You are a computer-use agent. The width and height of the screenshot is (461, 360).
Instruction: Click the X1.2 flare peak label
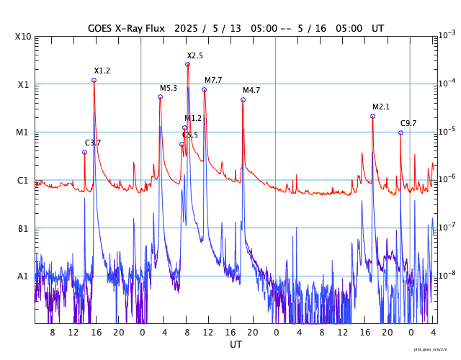point(102,71)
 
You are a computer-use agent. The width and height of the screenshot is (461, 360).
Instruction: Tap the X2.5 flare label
point(194,55)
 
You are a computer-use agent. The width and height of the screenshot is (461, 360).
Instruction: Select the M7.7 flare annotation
point(213,80)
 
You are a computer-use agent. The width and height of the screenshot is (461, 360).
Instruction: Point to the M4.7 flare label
point(251,90)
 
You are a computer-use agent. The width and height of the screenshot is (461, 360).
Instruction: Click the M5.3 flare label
point(169,88)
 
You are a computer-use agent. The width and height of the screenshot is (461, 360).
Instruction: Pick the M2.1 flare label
point(381,107)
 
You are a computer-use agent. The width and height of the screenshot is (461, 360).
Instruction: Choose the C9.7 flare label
point(408,123)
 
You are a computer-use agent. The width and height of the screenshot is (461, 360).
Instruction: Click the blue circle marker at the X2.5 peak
point(187,64)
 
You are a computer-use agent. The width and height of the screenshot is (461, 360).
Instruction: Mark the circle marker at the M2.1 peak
point(372,116)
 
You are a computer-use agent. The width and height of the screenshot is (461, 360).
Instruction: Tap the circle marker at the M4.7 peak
point(243,99)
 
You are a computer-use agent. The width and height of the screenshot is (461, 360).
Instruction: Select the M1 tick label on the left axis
point(23,132)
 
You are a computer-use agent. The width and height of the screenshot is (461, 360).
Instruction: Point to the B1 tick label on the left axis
point(23,228)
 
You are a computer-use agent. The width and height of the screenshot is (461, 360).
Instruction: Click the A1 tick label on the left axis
point(23,276)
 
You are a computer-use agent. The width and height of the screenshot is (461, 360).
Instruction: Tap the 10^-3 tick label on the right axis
point(447,35)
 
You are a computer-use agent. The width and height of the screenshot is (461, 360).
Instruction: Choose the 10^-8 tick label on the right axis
point(447,275)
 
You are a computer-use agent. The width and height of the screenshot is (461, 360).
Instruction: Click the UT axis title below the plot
point(236,345)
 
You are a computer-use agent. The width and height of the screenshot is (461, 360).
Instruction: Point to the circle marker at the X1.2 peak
point(94,80)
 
